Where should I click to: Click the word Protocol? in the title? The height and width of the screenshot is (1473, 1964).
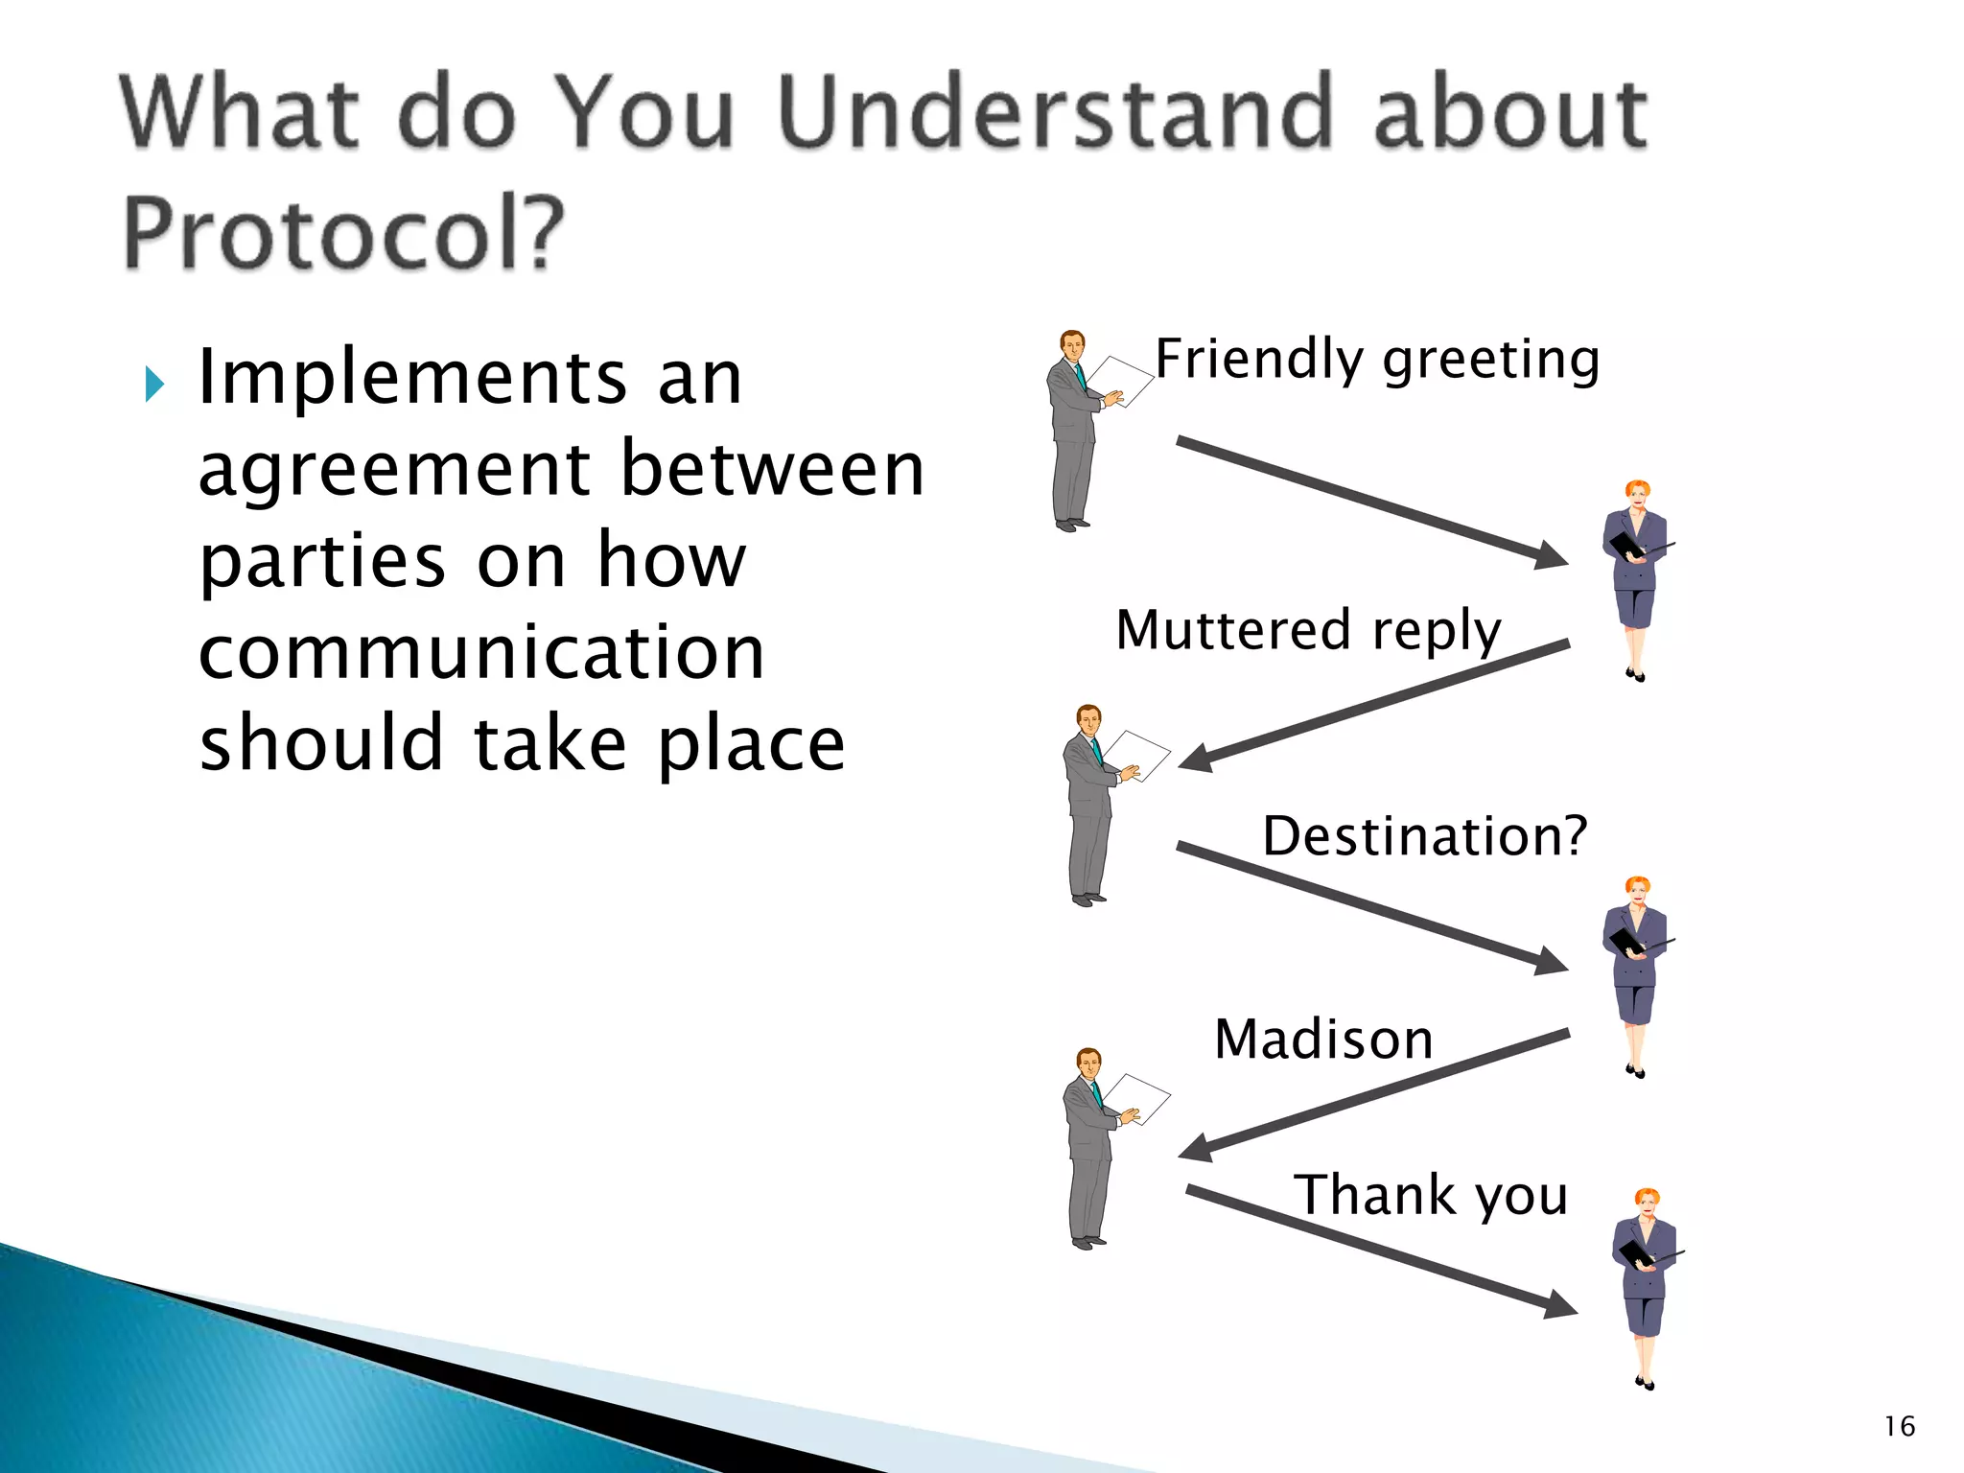tap(343, 233)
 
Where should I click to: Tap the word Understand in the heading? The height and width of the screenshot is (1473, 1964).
tap(1055, 113)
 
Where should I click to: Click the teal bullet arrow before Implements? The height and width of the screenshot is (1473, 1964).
tap(154, 385)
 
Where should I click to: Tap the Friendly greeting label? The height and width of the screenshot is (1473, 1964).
tap(1377, 360)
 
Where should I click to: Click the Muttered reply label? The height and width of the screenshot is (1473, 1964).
tap(1308, 631)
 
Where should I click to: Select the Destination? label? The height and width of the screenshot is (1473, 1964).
tap(1424, 836)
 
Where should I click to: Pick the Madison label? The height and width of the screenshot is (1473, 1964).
tap(1323, 1040)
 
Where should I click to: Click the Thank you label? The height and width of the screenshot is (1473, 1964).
tap(1431, 1196)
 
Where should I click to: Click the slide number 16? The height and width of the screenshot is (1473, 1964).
tap(1899, 1426)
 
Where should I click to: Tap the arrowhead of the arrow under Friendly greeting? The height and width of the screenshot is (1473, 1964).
tap(1549, 555)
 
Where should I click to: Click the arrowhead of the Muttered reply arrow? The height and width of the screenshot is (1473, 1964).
tap(1197, 758)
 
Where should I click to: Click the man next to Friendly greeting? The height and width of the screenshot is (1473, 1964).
tap(1074, 432)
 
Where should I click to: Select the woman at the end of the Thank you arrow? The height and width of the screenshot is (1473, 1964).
tap(1646, 1285)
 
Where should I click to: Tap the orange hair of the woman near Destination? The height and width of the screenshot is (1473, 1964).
tap(1638, 885)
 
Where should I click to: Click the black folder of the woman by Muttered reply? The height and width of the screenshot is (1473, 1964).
tap(1625, 545)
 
